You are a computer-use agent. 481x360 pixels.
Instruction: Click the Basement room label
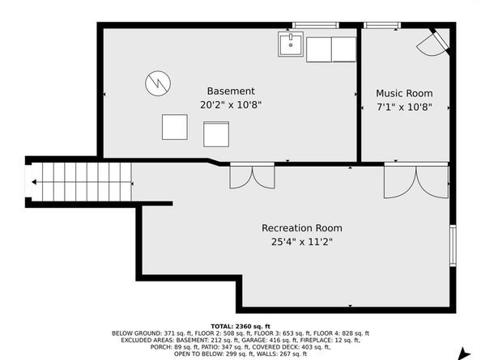click(231, 91)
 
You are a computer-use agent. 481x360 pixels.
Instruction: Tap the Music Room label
click(404, 93)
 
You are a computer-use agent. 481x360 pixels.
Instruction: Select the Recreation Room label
click(302, 228)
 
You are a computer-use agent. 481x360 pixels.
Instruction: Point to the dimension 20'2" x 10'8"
click(231, 105)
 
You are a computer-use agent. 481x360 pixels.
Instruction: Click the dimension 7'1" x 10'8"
click(404, 108)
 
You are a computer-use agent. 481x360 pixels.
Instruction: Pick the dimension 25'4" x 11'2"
click(302, 242)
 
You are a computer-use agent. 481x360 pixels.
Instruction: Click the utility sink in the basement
click(291, 44)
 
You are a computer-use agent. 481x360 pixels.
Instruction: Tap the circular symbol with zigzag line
click(158, 83)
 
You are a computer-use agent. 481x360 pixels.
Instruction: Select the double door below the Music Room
click(416, 180)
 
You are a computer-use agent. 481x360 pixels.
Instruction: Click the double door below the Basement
click(252, 176)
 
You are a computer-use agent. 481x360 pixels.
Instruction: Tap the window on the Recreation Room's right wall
click(453, 245)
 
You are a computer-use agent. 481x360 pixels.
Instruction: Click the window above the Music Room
click(382, 25)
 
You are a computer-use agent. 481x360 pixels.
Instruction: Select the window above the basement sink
click(315, 25)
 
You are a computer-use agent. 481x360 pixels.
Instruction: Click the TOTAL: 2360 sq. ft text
click(240, 327)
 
